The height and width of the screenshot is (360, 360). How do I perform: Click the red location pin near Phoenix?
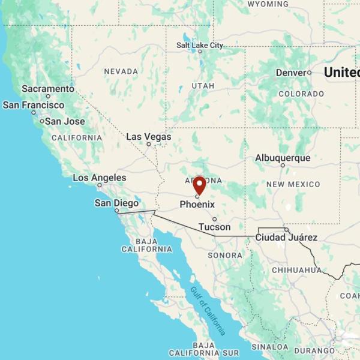(x=199, y=185)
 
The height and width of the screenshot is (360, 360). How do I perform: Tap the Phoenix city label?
(x=197, y=204)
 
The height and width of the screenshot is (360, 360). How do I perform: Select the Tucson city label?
(x=214, y=227)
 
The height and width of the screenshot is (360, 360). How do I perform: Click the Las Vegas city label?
(x=148, y=137)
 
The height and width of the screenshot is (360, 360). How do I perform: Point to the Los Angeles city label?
(x=100, y=178)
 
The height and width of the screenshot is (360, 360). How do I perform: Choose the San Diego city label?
(x=116, y=203)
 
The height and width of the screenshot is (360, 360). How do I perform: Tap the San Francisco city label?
(x=34, y=105)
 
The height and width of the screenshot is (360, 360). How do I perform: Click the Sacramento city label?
(x=48, y=89)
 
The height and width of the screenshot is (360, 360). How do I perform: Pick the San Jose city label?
(x=65, y=121)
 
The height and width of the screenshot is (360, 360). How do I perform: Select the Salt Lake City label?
(x=200, y=45)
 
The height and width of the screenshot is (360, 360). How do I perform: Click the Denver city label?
(x=291, y=73)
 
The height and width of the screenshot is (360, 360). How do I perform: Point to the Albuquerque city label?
(x=283, y=158)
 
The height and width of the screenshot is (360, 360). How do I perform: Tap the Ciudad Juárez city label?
(x=286, y=238)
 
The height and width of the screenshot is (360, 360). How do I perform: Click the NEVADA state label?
(x=121, y=71)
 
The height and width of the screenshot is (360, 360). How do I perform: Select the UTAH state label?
(x=203, y=86)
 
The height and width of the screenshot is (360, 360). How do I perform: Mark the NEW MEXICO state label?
(x=293, y=184)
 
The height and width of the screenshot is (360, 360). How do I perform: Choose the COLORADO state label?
(x=301, y=94)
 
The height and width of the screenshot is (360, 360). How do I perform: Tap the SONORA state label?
(x=225, y=256)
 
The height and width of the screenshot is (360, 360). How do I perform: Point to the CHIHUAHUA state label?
(x=296, y=270)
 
